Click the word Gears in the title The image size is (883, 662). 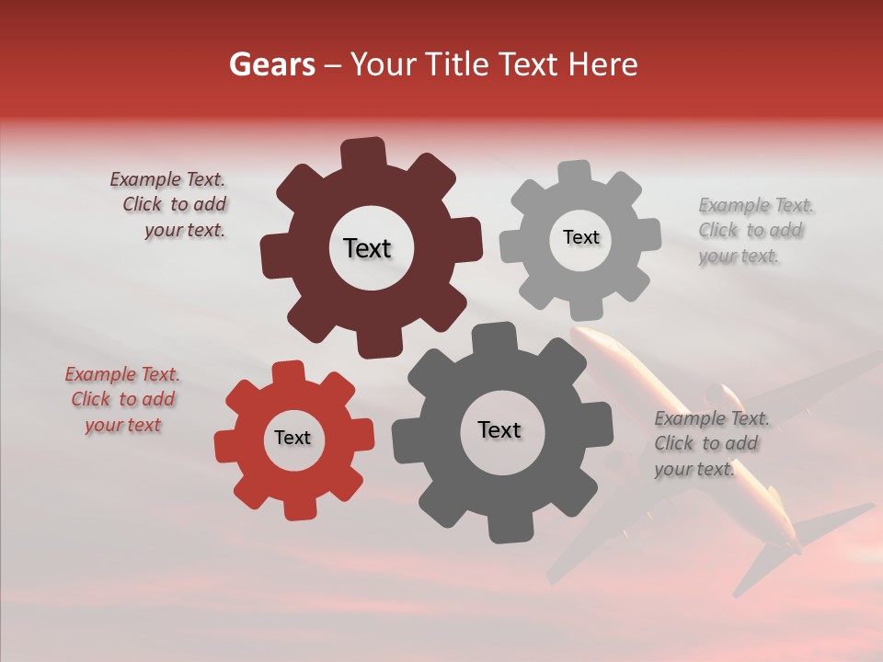click(x=270, y=64)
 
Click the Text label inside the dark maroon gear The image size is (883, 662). click(x=367, y=248)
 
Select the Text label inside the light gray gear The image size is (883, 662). click(x=580, y=237)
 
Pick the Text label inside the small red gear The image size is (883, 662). click(x=292, y=438)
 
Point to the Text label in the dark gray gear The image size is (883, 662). click(x=499, y=429)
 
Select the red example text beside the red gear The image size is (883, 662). click(x=123, y=400)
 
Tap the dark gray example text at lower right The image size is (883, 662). click(x=710, y=444)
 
